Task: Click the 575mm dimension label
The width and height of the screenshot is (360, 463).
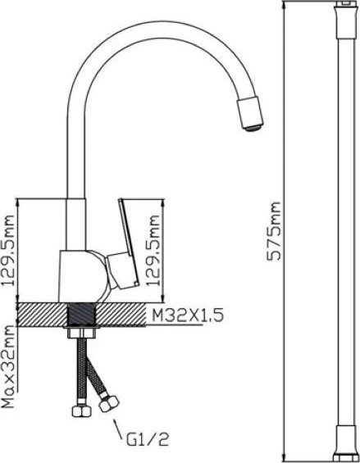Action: click(x=274, y=231)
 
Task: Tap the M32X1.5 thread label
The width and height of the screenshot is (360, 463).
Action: click(x=188, y=315)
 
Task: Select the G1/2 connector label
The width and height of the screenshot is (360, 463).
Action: click(x=148, y=439)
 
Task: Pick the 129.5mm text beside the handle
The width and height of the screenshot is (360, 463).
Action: click(x=153, y=251)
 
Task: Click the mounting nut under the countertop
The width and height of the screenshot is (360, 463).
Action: click(x=81, y=334)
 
